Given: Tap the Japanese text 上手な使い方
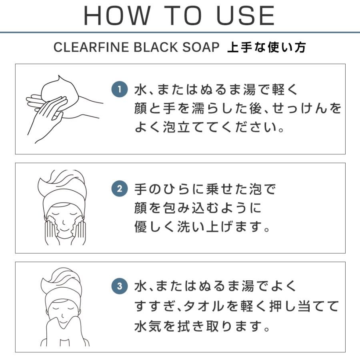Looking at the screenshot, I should (266, 47).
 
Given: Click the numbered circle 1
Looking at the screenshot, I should (119, 89).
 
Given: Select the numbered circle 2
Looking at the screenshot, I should (119, 188).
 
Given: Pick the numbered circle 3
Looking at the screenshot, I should (119, 287).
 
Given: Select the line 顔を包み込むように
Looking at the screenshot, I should (198, 208).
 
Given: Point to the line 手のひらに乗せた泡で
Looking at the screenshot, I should (205, 188).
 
